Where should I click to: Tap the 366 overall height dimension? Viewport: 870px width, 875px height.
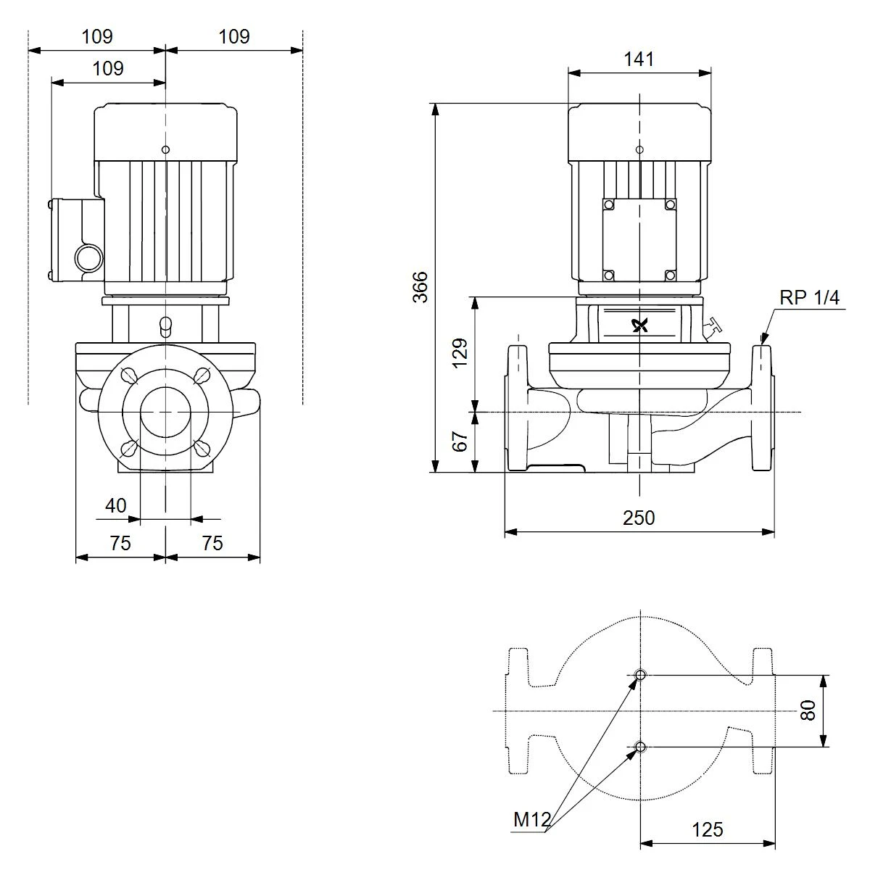[420, 287]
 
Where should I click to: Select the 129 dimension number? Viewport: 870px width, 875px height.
[460, 353]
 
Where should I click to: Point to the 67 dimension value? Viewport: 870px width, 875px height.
[460, 441]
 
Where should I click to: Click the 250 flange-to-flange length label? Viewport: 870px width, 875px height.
[638, 518]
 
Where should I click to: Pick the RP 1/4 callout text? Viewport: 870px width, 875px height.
[809, 298]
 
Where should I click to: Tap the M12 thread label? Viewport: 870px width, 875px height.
[531, 820]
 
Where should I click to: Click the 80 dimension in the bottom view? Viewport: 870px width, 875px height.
[808, 710]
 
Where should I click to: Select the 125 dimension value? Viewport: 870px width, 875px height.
[708, 829]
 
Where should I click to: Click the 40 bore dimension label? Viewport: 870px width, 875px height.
[115, 506]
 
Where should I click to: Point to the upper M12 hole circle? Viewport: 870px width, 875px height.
[639, 675]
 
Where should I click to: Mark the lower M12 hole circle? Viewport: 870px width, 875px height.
[639, 747]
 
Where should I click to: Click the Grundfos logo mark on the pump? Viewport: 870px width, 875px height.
[639, 325]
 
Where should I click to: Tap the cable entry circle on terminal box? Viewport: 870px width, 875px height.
[89, 258]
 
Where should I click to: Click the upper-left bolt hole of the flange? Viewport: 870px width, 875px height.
[130, 375]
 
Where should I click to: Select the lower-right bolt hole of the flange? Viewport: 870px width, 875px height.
[202, 448]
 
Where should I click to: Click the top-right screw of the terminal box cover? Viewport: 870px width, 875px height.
[670, 204]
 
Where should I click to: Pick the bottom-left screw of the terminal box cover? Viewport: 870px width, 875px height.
[608, 275]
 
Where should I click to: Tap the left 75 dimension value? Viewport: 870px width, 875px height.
[120, 544]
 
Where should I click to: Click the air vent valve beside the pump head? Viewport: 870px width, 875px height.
[711, 326]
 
